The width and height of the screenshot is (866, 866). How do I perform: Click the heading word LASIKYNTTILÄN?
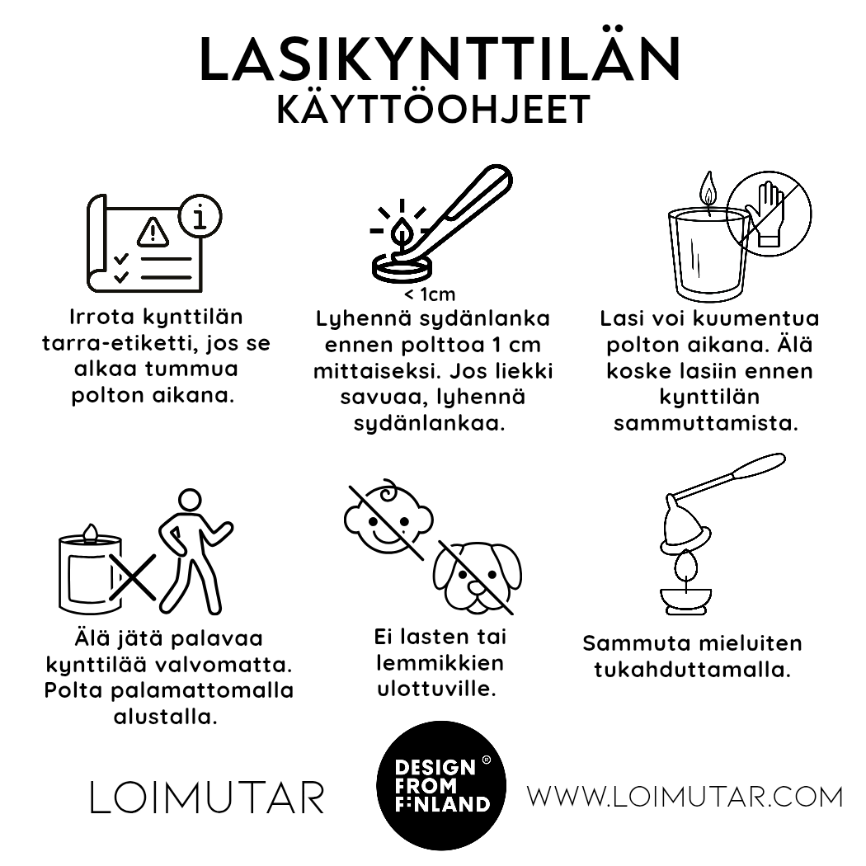click(440, 59)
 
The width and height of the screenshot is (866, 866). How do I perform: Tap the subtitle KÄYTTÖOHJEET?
click(434, 111)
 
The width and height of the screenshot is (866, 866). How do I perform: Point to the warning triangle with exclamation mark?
click(153, 233)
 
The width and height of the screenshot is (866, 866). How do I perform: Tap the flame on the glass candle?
click(707, 191)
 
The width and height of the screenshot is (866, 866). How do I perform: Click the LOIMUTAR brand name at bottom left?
click(206, 798)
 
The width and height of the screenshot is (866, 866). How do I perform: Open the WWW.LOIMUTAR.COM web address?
click(685, 797)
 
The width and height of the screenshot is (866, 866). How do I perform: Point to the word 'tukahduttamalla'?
click(692, 669)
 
